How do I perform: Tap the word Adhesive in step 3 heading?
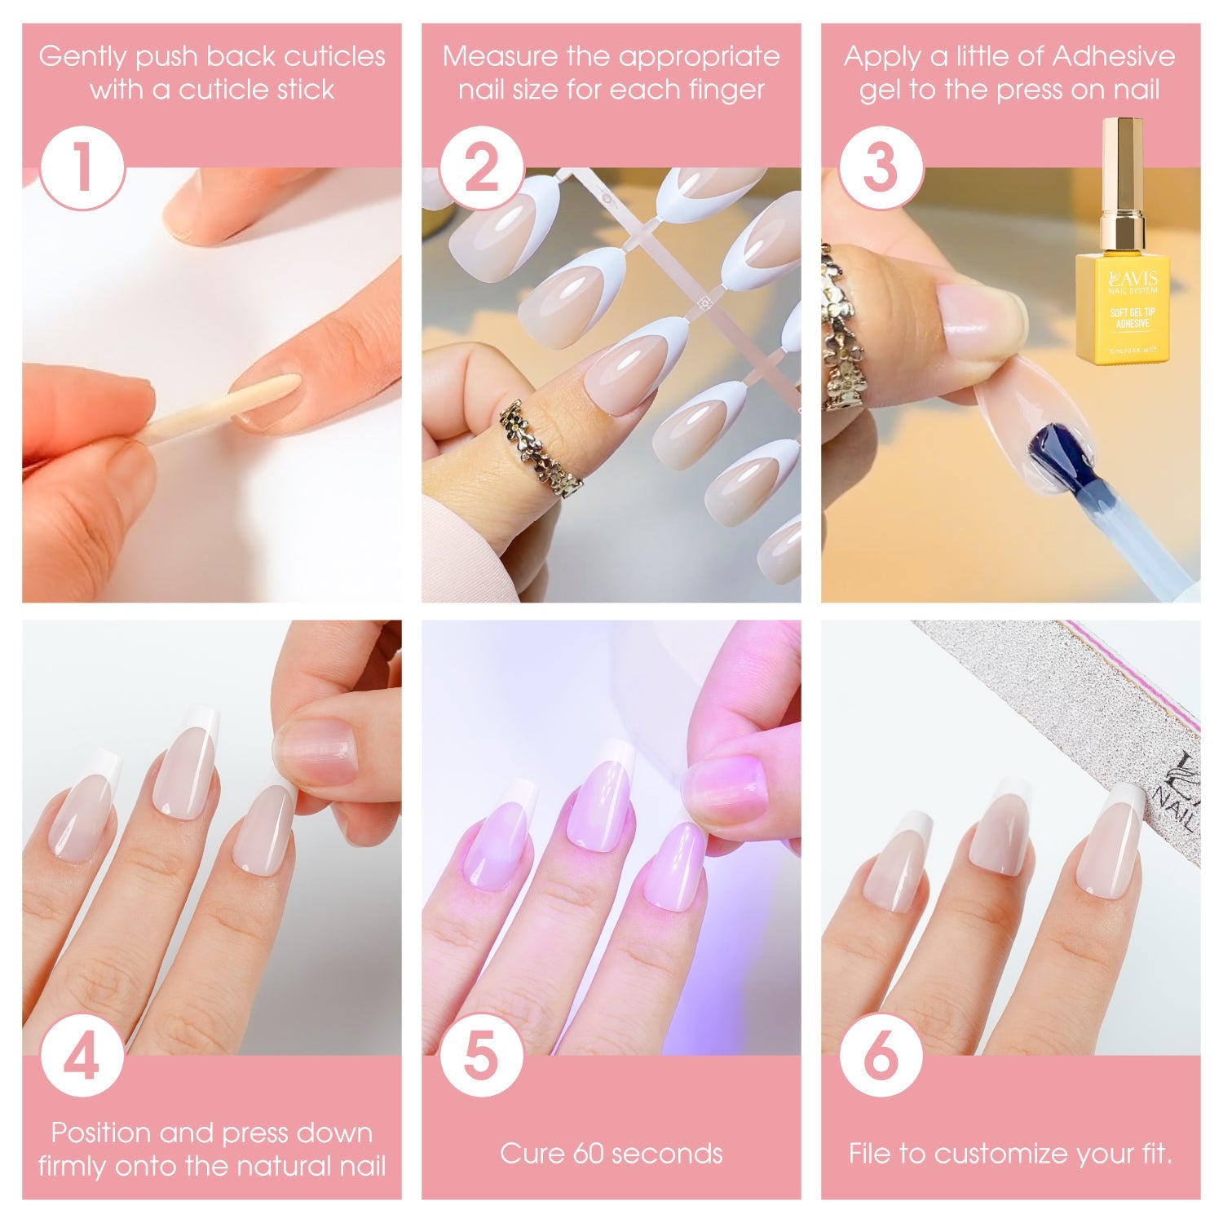point(1114,56)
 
